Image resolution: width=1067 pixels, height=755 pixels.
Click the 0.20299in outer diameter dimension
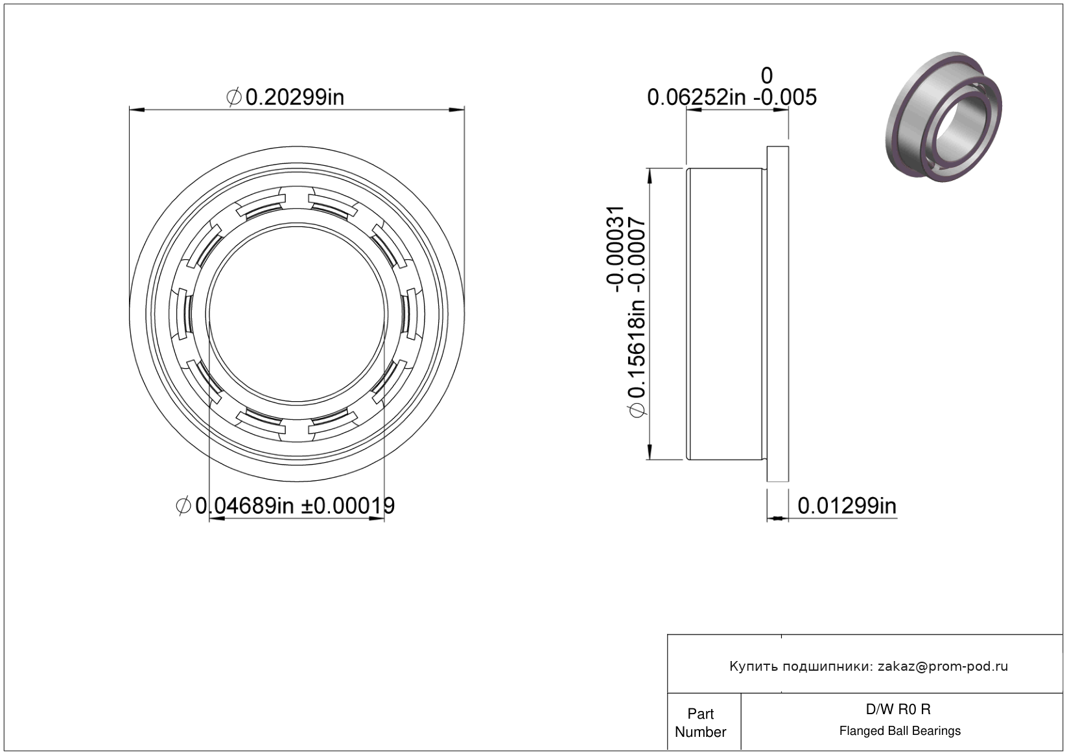pos(294,97)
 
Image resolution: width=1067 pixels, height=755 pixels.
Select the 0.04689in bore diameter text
pos(244,505)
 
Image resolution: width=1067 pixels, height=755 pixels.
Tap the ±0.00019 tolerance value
pos(347,505)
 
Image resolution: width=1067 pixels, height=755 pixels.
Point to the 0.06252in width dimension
pos(696,97)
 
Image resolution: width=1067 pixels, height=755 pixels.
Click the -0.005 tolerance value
pos(784,97)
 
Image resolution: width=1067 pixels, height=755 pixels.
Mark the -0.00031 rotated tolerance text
pos(615,249)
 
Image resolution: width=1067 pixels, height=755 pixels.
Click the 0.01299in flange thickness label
pos(847,506)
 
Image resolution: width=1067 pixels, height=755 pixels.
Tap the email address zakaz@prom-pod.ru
pos(943,666)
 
